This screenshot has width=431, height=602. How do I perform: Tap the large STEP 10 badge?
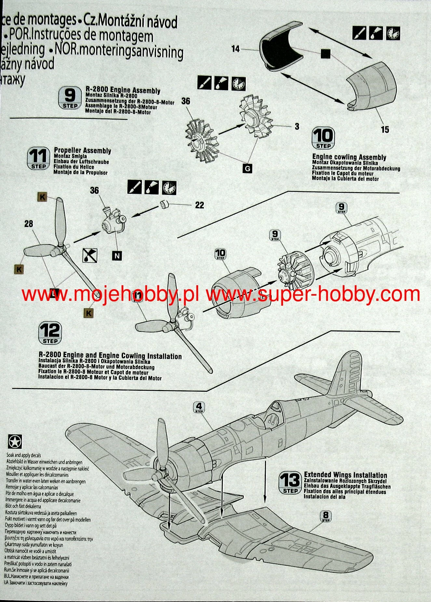click(323, 138)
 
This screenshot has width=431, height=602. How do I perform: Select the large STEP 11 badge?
click(38, 159)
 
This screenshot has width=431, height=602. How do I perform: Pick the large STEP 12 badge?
click(50, 333)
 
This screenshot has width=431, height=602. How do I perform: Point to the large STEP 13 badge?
click(290, 483)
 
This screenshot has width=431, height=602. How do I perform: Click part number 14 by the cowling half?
click(235, 49)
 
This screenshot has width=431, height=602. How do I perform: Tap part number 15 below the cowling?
click(385, 130)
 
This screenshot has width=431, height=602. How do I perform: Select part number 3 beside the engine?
click(297, 126)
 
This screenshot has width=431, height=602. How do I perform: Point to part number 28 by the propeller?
click(29, 224)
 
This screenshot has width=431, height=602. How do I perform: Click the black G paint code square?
click(248, 168)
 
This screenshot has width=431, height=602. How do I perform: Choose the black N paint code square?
click(117, 256)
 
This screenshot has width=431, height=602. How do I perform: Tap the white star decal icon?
click(15, 442)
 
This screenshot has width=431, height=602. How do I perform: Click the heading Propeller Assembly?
click(83, 150)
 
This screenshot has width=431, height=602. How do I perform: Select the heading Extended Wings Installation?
click(345, 475)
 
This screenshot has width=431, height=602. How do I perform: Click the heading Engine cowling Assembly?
click(349, 157)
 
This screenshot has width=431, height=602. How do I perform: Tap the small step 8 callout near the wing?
click(326, 516)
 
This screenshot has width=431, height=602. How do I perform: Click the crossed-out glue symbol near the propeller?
click(90, 255)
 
